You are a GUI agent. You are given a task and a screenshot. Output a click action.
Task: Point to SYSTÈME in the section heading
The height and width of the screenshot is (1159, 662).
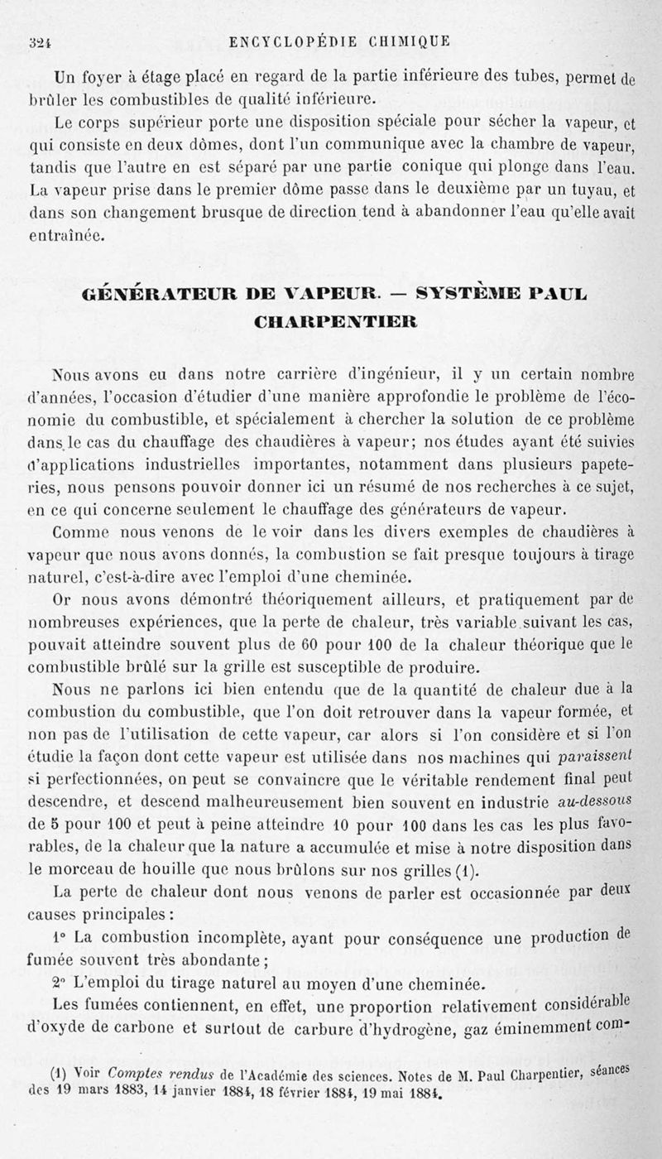point(471,294)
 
